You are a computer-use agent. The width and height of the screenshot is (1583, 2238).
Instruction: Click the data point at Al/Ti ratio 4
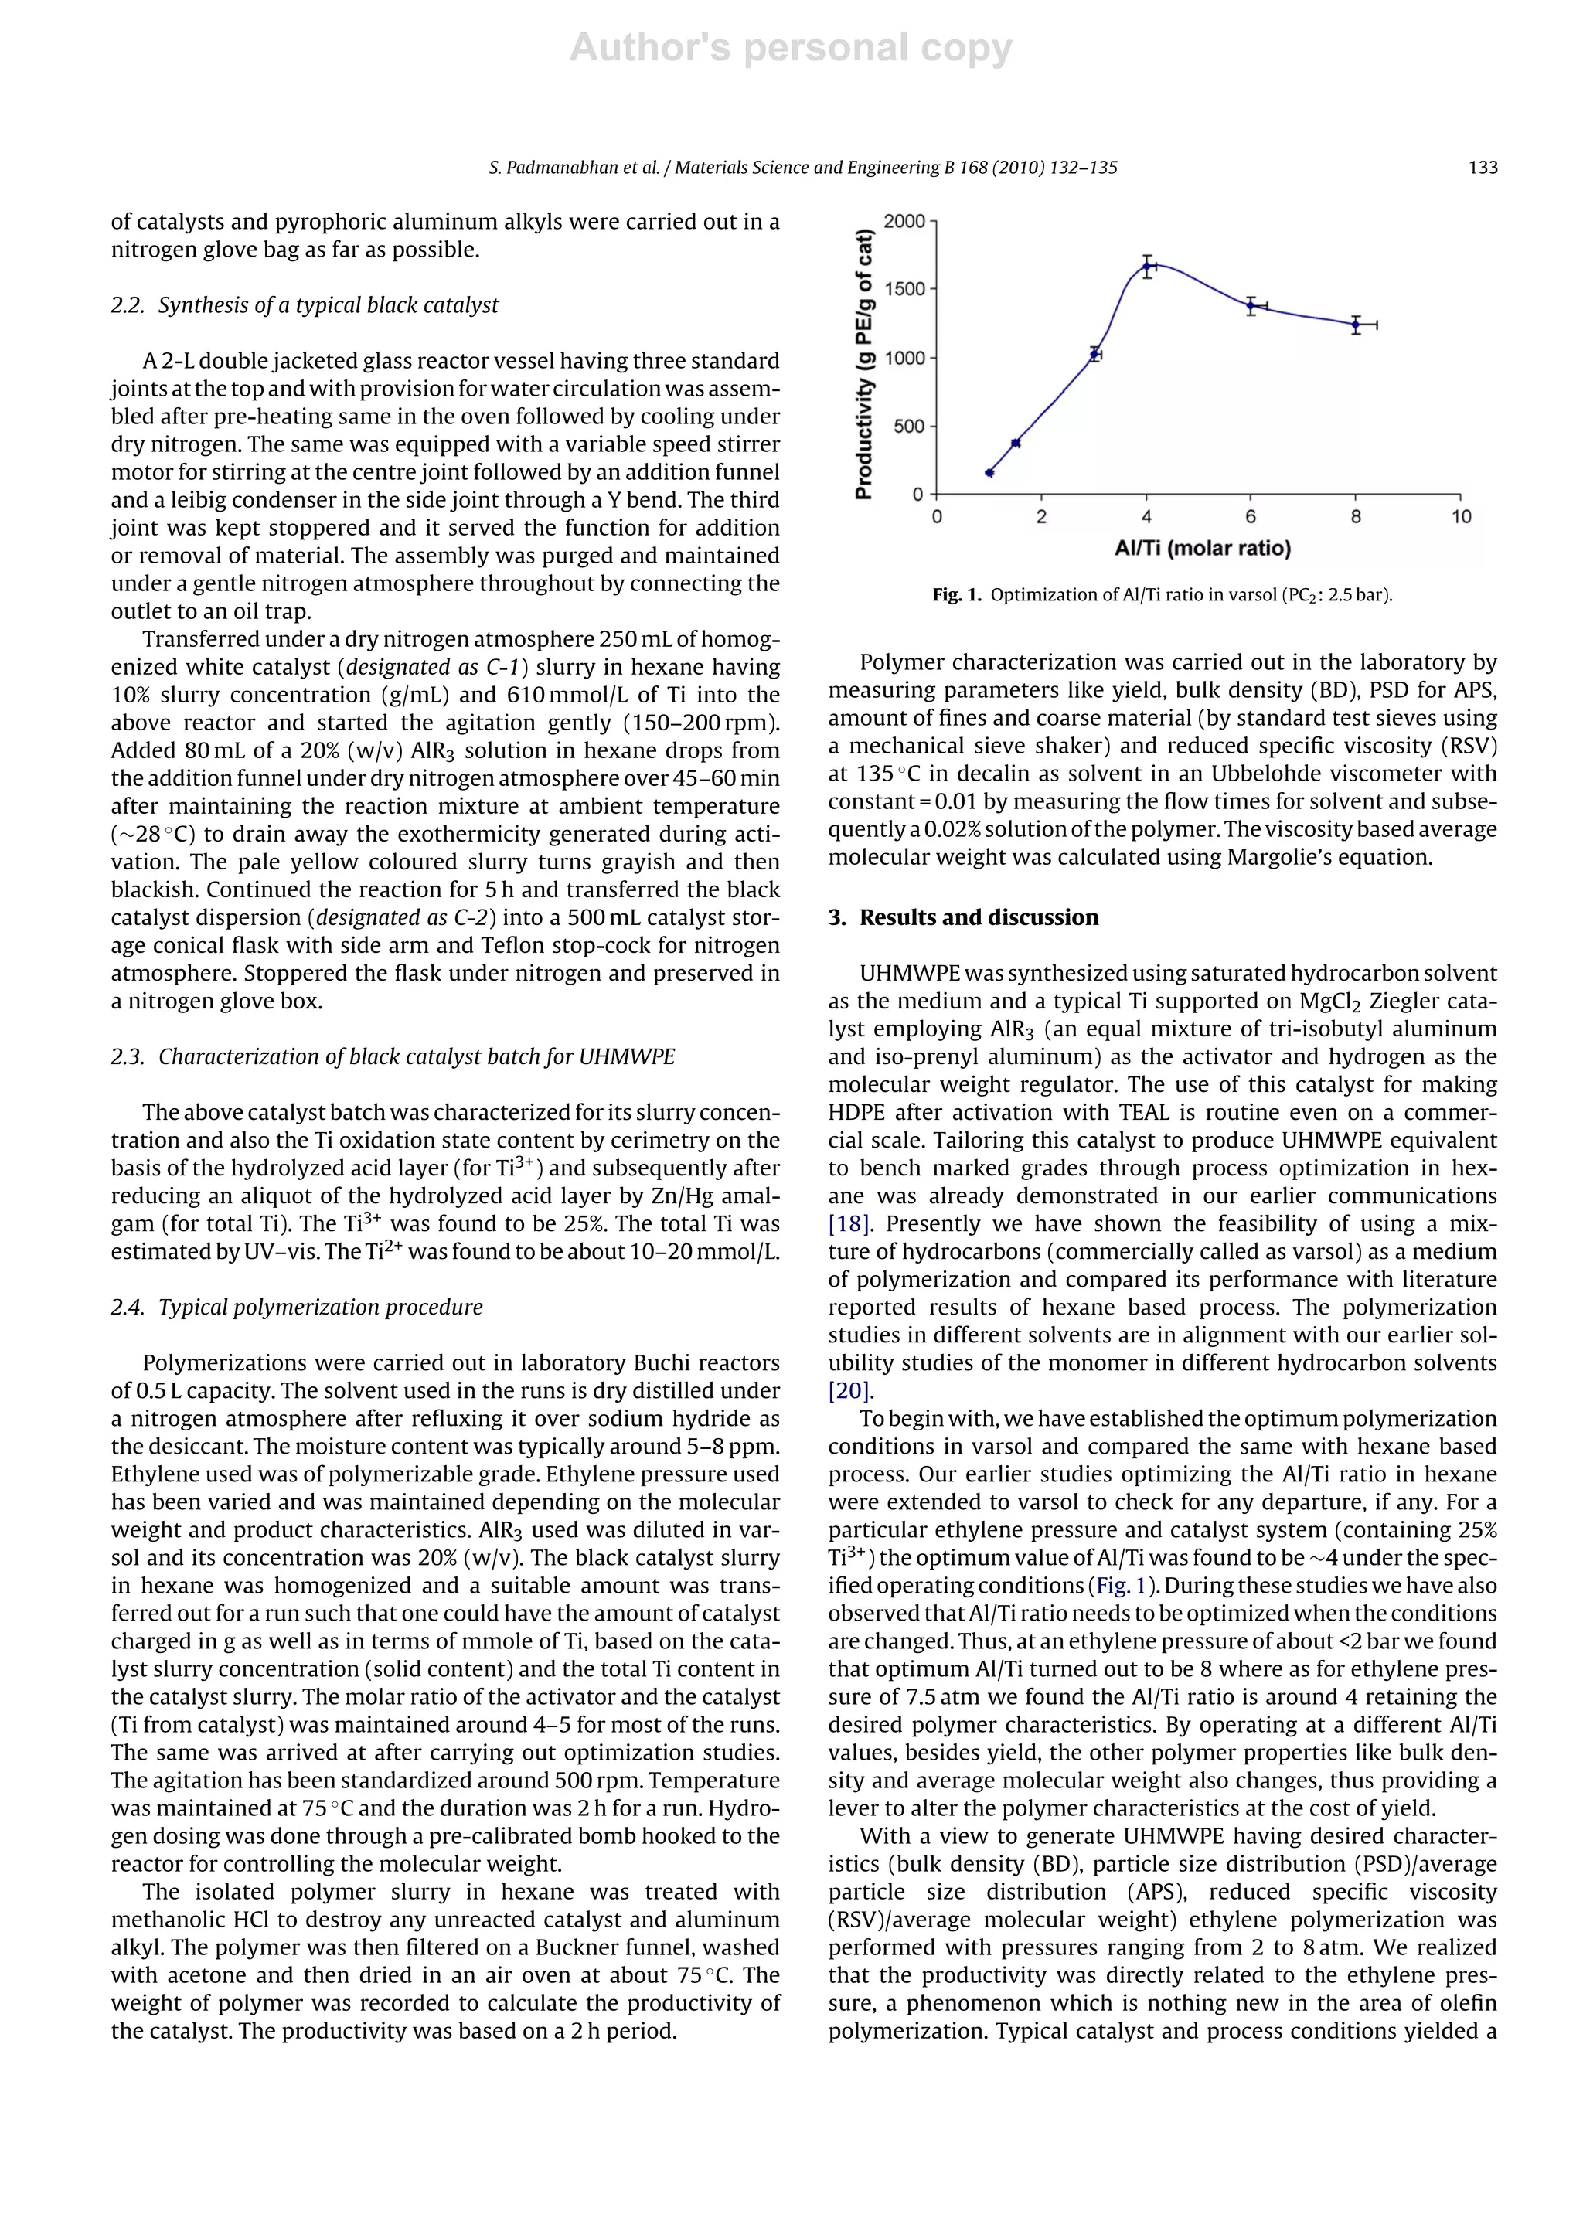[1147, 265]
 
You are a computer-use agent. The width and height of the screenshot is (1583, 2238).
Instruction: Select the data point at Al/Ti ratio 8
[1356, 325]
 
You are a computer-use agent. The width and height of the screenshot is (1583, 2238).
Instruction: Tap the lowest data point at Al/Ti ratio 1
[989, 473]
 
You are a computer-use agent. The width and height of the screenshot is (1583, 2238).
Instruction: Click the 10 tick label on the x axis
[1460, 517]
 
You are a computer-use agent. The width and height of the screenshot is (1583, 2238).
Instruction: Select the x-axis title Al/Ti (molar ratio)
[1202, 549]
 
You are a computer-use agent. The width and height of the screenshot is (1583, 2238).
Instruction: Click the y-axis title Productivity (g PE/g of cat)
[863, 363]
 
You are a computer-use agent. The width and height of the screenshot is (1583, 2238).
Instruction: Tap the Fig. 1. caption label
[956, 594]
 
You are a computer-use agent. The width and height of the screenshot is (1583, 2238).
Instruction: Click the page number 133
[1482, 168]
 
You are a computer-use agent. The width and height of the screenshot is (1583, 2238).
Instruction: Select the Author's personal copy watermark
[791, 48]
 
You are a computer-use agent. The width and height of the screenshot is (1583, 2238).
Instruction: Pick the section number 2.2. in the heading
[128, 305]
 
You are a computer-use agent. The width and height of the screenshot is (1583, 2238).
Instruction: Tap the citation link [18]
[847, 1223]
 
